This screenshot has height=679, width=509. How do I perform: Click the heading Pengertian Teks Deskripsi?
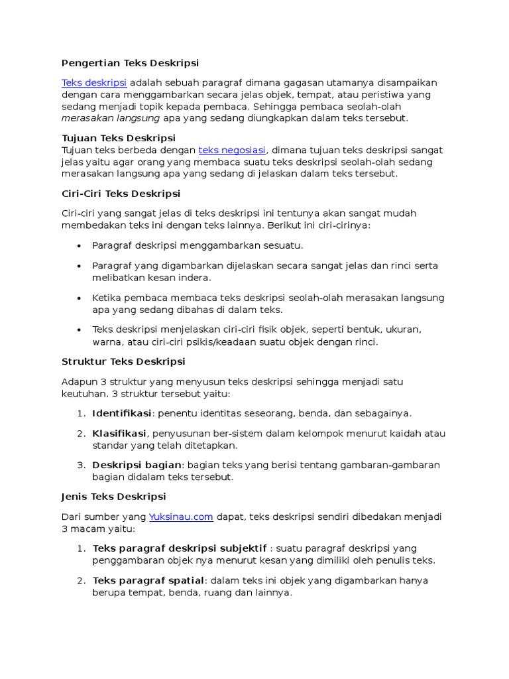coord(130,63)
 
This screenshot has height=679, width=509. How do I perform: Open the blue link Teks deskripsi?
coord(94,83)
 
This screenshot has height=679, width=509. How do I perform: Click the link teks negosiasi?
coord(232,151)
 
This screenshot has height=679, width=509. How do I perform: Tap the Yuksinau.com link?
coord(181,517)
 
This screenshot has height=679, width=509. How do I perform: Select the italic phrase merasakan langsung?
coord(111,118)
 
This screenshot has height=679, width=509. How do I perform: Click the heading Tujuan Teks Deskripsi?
coord(118,139)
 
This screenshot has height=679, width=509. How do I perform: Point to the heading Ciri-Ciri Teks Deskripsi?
coord(121,194)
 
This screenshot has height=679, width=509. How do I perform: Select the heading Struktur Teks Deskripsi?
coord(123,362)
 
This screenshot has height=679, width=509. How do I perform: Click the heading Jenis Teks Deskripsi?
coord(113,497)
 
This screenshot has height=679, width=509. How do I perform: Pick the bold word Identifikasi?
coord(122,414)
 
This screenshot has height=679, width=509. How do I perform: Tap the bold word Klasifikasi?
coord(119,434)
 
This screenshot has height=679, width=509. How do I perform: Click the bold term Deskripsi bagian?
coord(137,465)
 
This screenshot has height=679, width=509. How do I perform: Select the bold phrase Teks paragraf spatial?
coord(149,581)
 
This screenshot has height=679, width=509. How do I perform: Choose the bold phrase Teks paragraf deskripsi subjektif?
coord(180,549)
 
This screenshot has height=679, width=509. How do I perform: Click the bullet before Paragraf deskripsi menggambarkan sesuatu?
coord(79,246)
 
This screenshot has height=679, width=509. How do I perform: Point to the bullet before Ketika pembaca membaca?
coord(79,298)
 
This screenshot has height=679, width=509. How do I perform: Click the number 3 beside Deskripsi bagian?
coord(80,465)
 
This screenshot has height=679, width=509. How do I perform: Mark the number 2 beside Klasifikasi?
coord(80,434)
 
